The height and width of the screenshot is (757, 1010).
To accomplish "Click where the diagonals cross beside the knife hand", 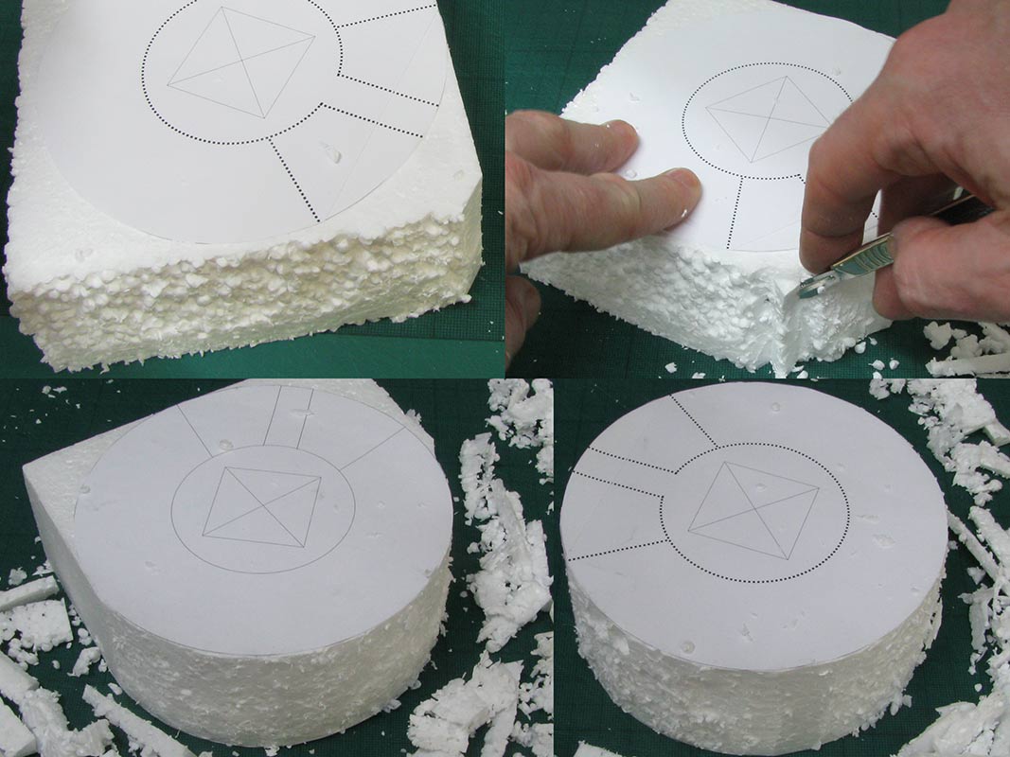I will point(768,119).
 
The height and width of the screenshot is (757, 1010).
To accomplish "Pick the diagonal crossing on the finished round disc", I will point(753,510).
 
